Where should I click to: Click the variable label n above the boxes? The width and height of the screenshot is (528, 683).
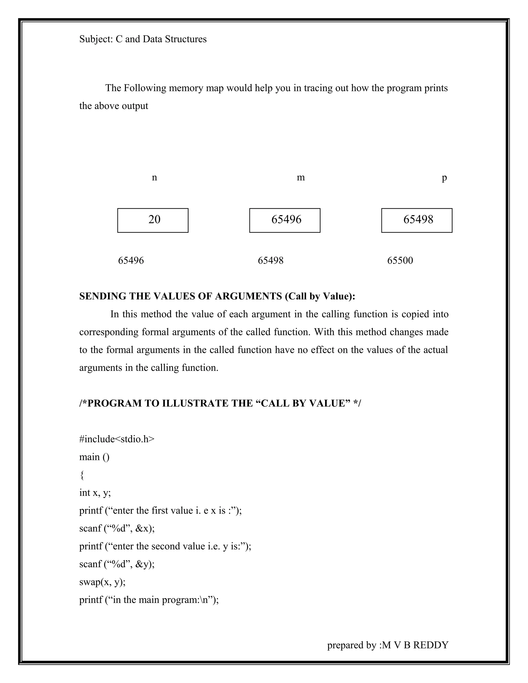154,178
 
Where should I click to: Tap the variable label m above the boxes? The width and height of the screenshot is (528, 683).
301,178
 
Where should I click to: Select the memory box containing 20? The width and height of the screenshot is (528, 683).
153,220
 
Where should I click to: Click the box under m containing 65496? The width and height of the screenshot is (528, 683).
285,220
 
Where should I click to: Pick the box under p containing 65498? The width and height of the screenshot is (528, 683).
417,220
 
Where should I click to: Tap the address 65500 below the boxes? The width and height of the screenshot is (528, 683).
400,261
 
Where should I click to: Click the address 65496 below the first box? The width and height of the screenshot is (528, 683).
131,261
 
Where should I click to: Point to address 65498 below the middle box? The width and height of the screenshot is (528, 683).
270,261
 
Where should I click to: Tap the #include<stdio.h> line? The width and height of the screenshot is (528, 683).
117,439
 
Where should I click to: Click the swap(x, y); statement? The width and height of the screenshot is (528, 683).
102,582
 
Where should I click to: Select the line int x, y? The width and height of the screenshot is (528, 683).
95,493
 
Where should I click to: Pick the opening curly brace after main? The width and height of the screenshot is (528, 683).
82,475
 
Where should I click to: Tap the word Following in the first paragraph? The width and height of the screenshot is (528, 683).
145,88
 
